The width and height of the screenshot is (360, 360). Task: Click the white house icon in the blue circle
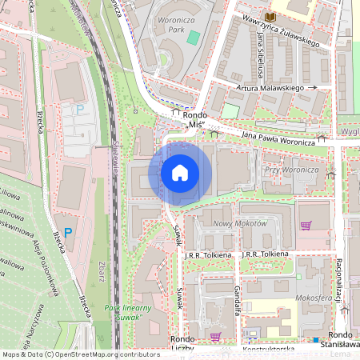point(180,172)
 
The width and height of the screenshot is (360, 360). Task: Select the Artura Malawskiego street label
point(271,88)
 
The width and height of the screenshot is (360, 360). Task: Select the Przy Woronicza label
point(291,170)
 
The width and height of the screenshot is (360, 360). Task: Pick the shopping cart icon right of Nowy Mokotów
point(305,225)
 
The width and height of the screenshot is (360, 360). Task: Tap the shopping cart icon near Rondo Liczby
point(214,336)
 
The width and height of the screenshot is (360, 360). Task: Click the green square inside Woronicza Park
point(192,37)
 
